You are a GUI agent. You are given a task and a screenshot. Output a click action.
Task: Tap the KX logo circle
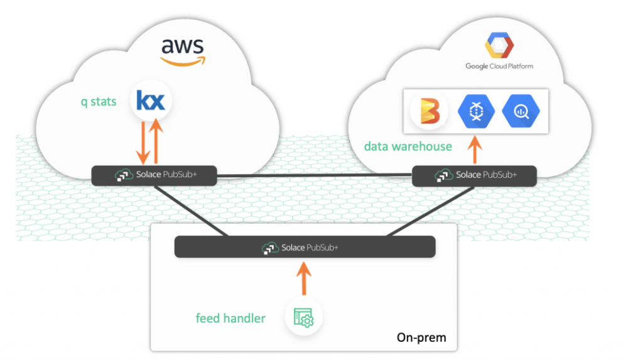click(x=151, y=101)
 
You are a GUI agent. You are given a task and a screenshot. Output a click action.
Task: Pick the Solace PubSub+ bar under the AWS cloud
click(x=154, y=175)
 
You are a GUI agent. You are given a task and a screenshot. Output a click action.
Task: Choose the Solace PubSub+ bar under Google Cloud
click(x=475, y=175)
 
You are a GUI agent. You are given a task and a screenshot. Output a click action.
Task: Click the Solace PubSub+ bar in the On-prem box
click(x=305, y=247)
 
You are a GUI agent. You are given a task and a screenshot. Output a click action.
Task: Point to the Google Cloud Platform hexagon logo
click(x=499, y=46)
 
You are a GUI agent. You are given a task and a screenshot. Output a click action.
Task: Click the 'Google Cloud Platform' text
click(x=499, y=66)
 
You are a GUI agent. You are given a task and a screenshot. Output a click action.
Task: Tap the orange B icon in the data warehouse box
click(x=428, y=111)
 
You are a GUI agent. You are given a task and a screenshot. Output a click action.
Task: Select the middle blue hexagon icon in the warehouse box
click(x=476, y=111)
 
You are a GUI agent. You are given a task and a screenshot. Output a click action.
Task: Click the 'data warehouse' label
click(x=408, y=146)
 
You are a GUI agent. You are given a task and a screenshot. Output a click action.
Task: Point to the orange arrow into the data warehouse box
click(x=475, y=151)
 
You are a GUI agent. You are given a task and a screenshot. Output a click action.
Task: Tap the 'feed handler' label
click(x=230, y=319)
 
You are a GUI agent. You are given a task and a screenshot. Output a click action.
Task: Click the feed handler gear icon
click(x=304, y=318)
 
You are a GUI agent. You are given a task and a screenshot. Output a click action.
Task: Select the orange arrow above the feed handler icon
click(x=304, y=278)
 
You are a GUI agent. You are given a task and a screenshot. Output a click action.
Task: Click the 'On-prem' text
click(x=421, y=337)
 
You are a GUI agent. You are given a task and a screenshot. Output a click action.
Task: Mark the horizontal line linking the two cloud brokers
click(x=314, y=175)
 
